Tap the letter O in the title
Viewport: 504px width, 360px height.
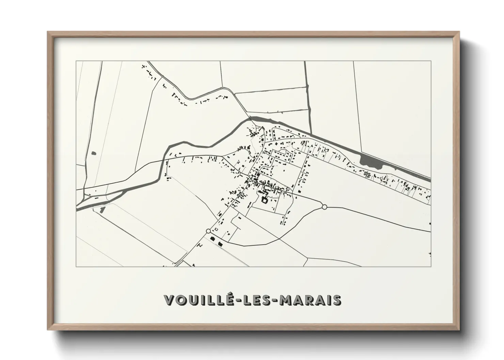[x=179, y=300]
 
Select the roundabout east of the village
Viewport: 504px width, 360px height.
[x=324, y=207]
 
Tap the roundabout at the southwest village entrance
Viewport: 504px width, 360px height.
[x=208, y=231]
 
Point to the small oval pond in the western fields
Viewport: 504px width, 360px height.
[x=94, y=153]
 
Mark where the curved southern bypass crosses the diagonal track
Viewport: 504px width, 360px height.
[x=279, y=239]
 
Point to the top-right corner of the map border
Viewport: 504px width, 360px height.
[x=431, y=61]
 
